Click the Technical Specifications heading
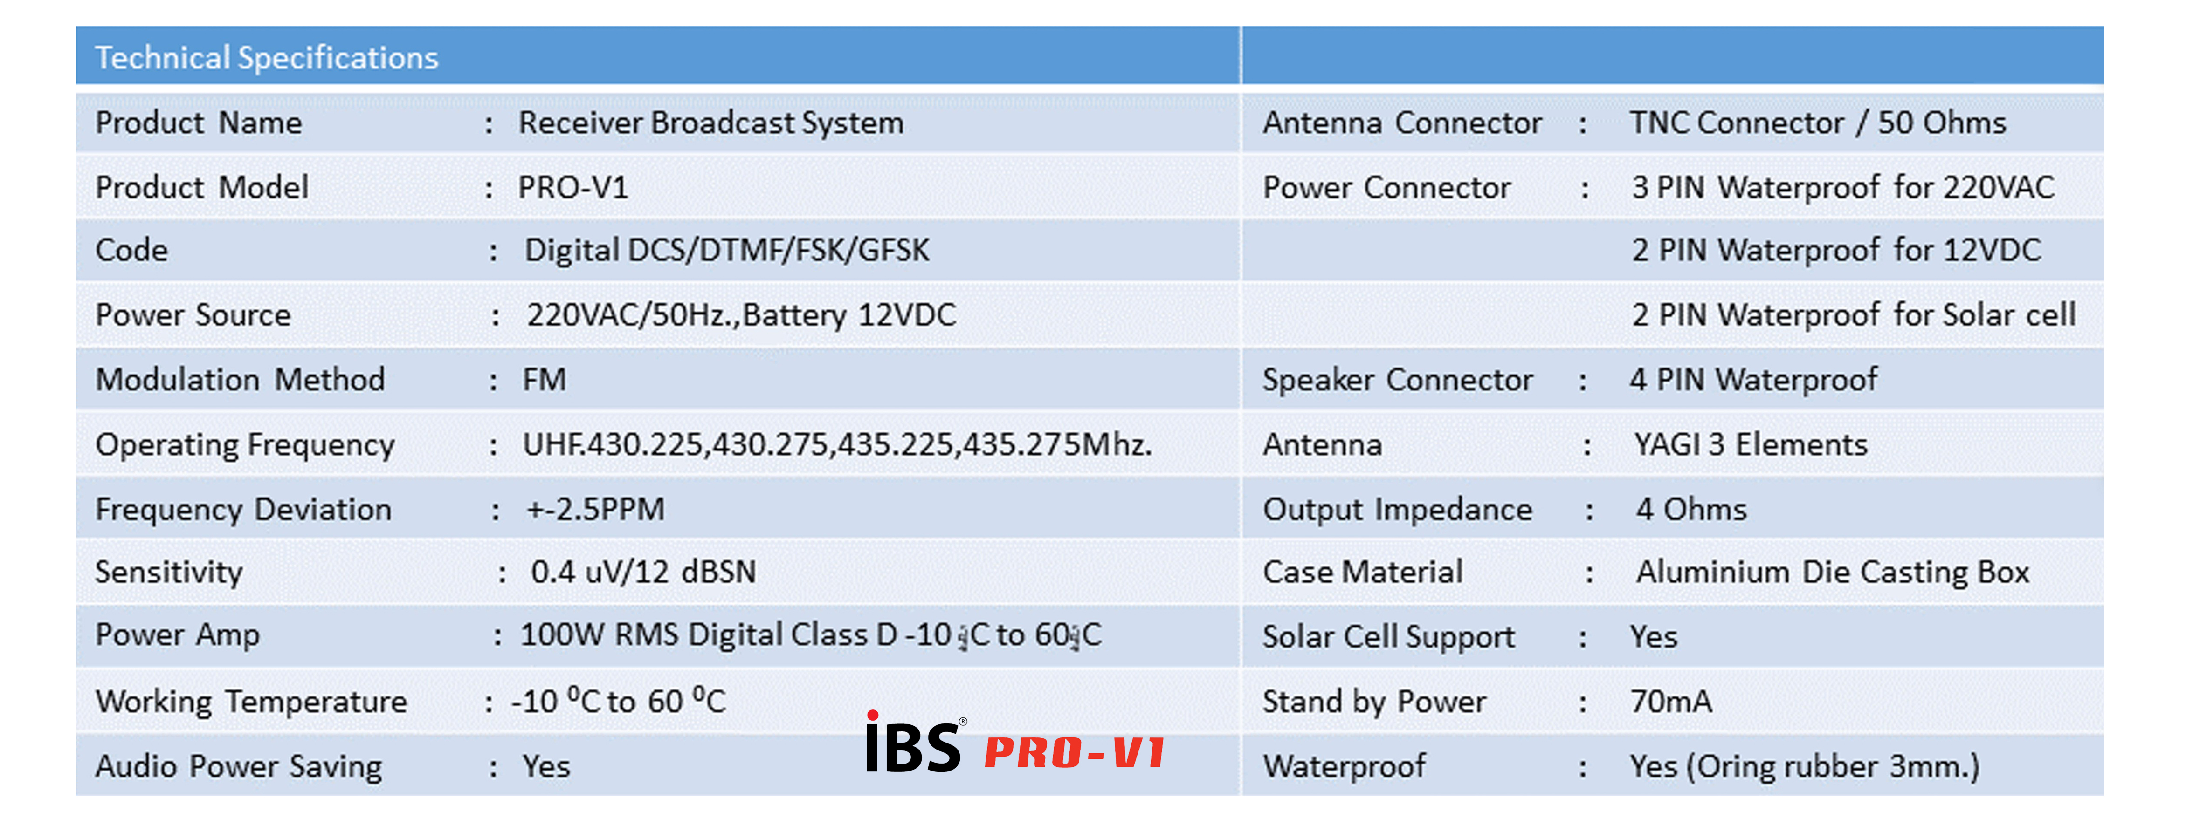(267, 58)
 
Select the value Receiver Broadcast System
(711, 123)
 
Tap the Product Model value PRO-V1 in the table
(573, 187)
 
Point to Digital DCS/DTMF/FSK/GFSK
(727, 250)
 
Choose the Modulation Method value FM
(544, 379)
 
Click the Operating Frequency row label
(245, 445)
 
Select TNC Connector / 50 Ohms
(1818, 123)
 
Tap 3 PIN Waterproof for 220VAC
(1843, 187)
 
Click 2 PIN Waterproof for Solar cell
(1853, 315)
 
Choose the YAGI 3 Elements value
(1750, 445)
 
